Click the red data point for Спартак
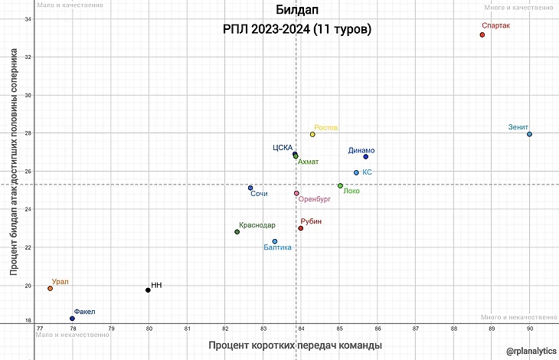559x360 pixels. click(482, 34)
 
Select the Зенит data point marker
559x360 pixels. click(529, 134)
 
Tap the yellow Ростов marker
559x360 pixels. click(312, 134)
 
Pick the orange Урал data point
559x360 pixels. click(50, 288)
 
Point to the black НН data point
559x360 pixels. click(148, 290)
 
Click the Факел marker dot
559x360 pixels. click(72, 318)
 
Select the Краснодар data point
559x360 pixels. click(237, 231)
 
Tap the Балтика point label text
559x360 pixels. click(277, 247)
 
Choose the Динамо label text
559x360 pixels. click(362, 150)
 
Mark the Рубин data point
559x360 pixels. click(301, 228)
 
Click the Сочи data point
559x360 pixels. click(250, 188)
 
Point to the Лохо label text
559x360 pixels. click(351, 191)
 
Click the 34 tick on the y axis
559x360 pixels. click(28, 18)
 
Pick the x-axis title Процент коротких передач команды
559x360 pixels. click(295, 345)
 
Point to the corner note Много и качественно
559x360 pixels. click(519, 7)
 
